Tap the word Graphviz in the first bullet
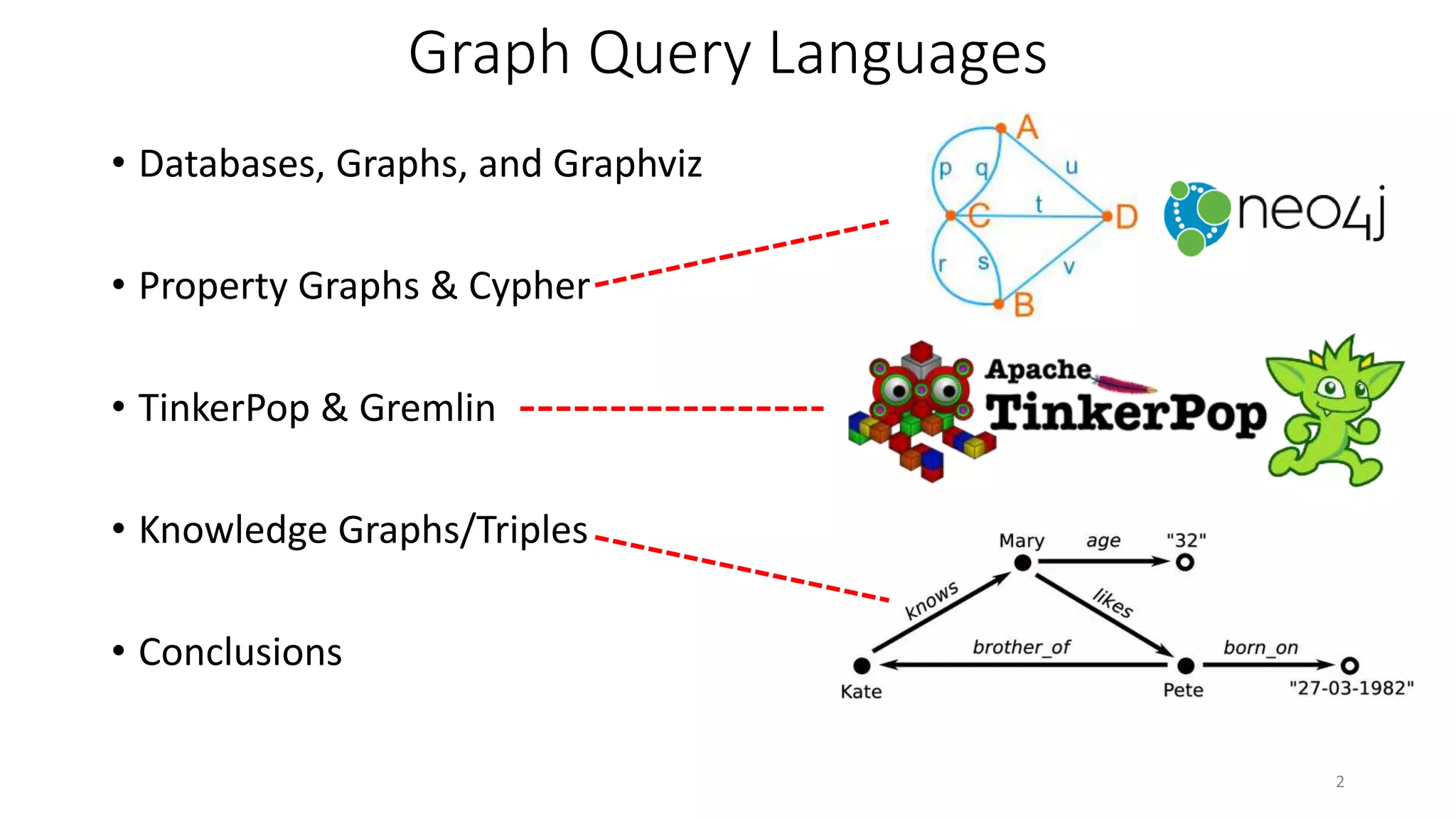tap(627, 164)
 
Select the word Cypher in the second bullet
tap(529, 286)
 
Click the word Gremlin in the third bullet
tap(427, 408)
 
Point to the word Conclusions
tap(240, 652)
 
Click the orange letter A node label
tap(1027, 128)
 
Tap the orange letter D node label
tap(1126, 217)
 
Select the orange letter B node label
tap(1024, 306)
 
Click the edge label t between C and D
tap(1039, 204)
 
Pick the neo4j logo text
tap(1312, 211)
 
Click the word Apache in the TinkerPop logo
tap(1038, 370)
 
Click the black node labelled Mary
tap(1022, 563)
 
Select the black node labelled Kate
tap(862, 665)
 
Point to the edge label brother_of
tap(1021, 647)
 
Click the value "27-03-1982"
tap(1351, 688)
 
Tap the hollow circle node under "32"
tap(1184, 562)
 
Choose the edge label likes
tap(1113, 603)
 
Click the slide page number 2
tap(1340, 782)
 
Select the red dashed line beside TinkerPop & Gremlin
tap(672, 409)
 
